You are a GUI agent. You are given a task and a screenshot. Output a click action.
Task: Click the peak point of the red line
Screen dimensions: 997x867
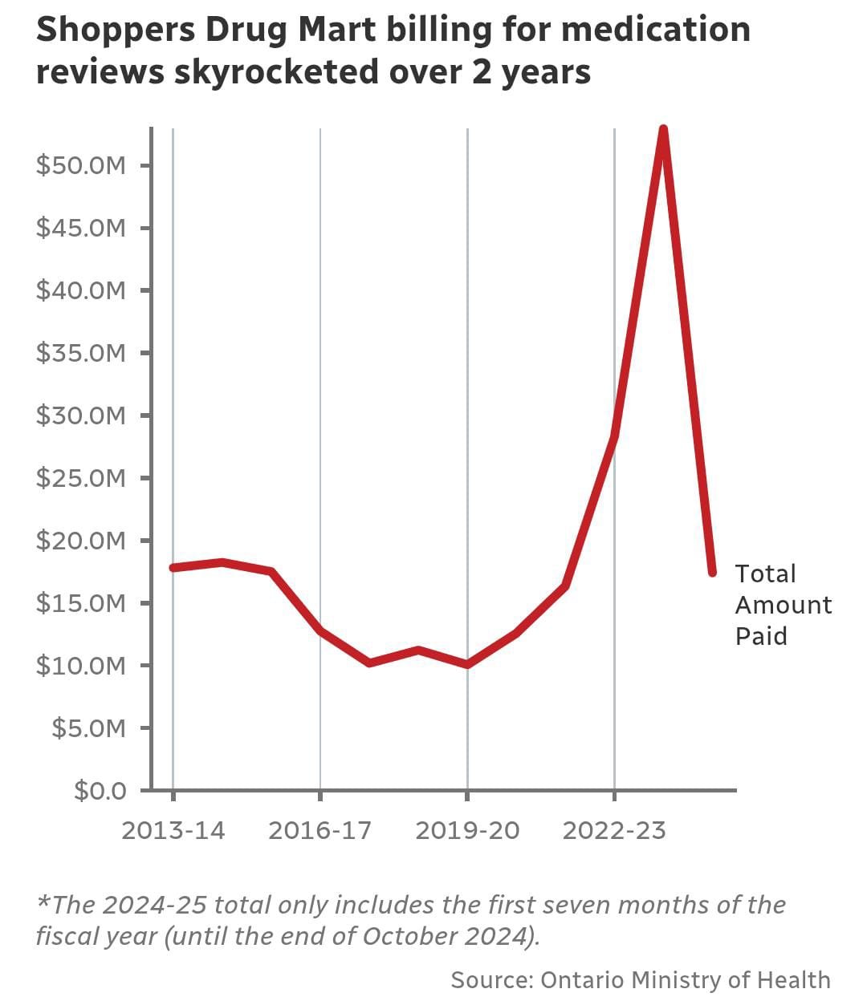tap(663, 130)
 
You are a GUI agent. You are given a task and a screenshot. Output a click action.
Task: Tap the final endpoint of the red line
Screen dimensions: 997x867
tap(712, 572)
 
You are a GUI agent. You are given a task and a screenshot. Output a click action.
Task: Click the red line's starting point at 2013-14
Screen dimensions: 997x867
tap(173, 567)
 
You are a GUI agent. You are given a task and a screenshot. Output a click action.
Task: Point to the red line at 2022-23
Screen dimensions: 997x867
tap(614, 436)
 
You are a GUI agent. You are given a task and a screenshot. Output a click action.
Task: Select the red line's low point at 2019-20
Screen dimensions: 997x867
tap(467, 664)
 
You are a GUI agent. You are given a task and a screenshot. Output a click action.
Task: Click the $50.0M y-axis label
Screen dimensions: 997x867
tap(81, 165)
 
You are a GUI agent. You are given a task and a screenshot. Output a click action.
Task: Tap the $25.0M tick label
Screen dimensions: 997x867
tap(81, 478)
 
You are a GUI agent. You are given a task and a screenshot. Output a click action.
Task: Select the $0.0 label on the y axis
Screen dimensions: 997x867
tap(100, 791)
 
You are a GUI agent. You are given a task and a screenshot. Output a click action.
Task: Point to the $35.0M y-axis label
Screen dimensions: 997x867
tap(81, 353)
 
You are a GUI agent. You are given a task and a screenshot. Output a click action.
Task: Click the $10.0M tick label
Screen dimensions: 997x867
tap(81, 666)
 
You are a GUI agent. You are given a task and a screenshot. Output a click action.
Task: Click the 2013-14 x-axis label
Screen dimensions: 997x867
tap(173, 830)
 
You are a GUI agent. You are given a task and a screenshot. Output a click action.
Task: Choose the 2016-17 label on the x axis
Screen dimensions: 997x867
tap(320, 830)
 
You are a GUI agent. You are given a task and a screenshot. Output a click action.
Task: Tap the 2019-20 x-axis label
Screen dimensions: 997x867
tap(467, 830)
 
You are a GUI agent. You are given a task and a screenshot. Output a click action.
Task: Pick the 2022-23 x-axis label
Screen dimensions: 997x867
tap(614, 830)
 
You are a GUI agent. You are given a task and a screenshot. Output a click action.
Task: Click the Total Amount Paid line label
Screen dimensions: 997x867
tap(783, 605)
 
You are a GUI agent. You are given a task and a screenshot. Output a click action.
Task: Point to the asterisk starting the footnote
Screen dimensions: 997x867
tap(44, 902)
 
